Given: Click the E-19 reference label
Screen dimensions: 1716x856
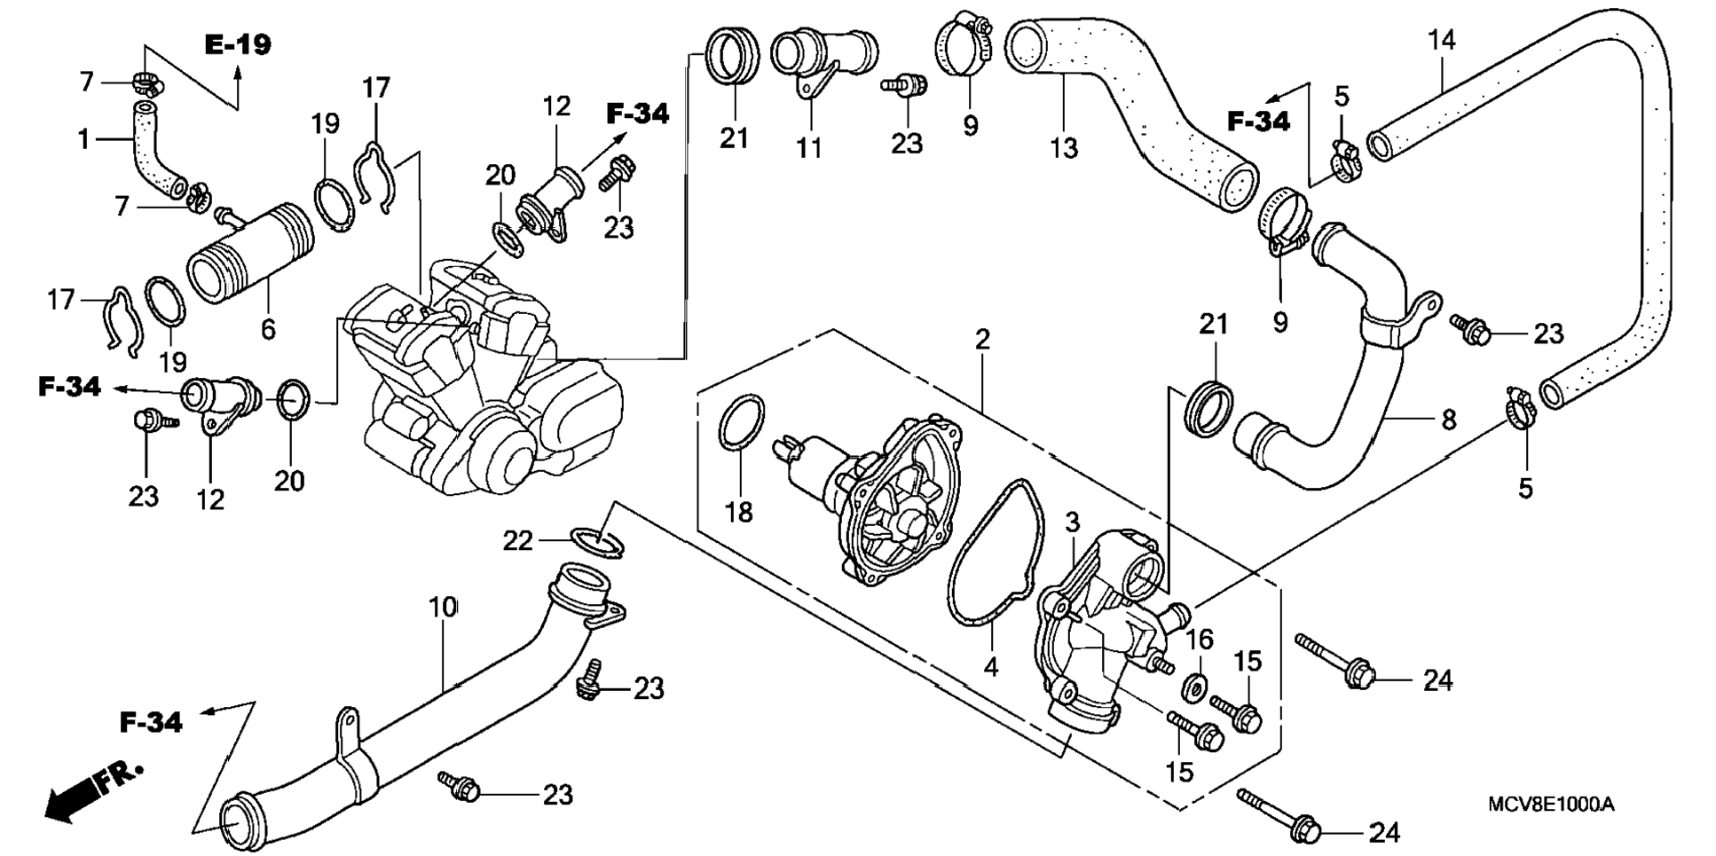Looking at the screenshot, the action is pos(238,44).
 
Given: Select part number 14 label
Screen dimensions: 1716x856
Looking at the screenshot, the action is pos(1442,40).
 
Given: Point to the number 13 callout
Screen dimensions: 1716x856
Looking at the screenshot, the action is pos(1064,147).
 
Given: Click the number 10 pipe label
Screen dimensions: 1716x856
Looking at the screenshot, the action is pos(443,608).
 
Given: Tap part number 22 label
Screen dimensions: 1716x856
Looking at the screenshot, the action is pos(518,539).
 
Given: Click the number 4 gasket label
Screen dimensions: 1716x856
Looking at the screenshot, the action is pos(991,666).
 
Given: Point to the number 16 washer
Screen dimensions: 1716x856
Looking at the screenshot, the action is pos(1195,687).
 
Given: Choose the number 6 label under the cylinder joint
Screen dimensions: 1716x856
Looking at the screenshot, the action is pos(268,329).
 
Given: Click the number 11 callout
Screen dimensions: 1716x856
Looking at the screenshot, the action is pos(808,147).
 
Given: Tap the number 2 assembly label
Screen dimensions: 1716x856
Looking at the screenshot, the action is pos(981,339).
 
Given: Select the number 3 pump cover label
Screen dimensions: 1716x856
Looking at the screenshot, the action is pos(1072,522).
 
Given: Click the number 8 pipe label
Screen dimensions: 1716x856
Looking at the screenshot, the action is pos(1448,420).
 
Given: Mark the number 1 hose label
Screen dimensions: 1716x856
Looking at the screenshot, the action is pos(83,139).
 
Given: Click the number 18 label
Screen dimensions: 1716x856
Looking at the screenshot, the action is pos(738,512).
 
